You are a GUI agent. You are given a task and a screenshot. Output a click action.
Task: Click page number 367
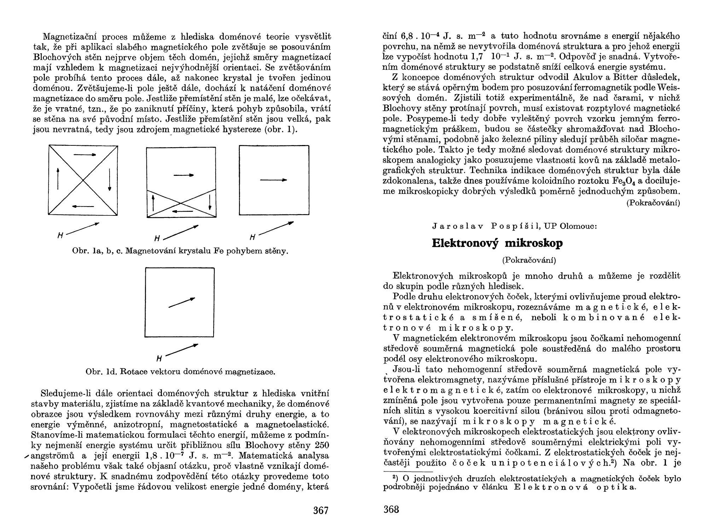(x=321, y=510)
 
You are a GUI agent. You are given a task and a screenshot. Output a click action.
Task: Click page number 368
(x=391, y=509)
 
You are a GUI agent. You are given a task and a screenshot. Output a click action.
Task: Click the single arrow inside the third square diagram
(x=273, y=180)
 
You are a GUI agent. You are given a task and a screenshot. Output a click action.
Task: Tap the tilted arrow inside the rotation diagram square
(x=182, y=302)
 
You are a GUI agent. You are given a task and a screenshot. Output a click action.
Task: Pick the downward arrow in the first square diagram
(x=110, y=180)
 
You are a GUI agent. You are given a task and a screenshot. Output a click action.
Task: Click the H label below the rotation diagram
(x=159, y=359)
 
